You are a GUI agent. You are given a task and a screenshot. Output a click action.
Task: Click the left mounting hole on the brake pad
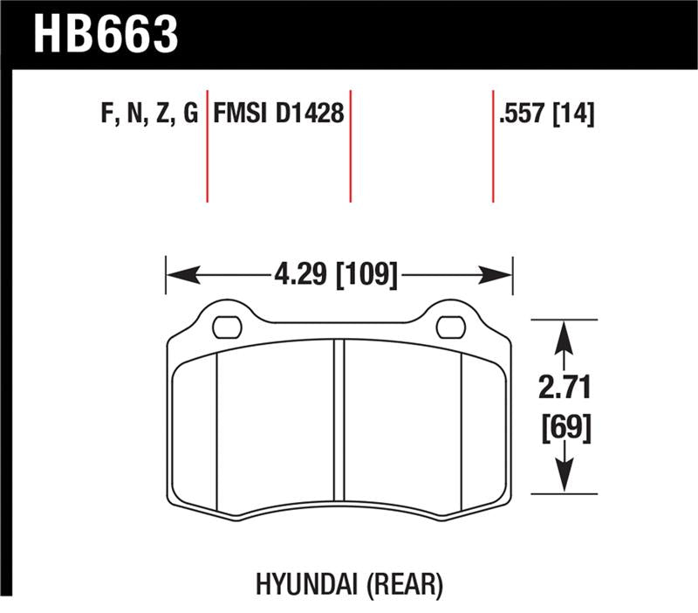227,327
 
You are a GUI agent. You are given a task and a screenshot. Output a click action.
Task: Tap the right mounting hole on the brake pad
450,327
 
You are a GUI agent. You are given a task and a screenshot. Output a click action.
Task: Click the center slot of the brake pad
339,428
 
